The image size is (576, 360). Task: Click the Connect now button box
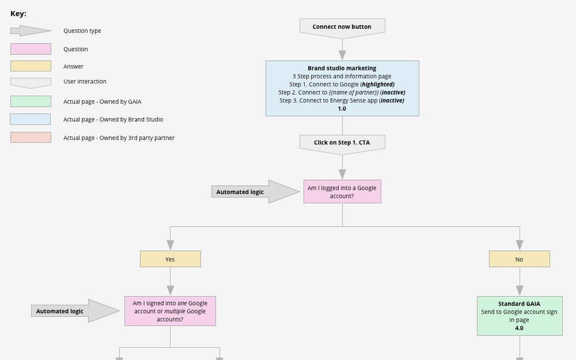tap(342, 27)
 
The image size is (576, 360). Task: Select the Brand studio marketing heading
tap(342, 68)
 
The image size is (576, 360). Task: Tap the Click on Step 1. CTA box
tap(342, 143)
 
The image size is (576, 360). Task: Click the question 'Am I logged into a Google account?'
tap(342, 192)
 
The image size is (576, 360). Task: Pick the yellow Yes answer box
tap(170, 259)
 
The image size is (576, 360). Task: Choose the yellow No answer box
tap(519, 259)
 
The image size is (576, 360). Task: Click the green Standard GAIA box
tap(519, 316)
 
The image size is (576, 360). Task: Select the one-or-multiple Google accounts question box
tap(170, 311)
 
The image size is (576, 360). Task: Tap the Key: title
tap(18, 14)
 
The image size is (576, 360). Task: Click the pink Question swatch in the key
tap(31, 49)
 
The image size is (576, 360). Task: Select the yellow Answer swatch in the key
tap(31, 66)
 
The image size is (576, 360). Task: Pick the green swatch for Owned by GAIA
tap(31, 101)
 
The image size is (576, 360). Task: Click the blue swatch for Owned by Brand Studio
tap(31, 119)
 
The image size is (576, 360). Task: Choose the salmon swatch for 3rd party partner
tap(31, 138)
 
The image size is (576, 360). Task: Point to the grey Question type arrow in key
tap(31, 31)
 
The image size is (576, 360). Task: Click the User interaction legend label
tap(85, 82)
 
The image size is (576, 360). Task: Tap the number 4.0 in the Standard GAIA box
tap(519, 328)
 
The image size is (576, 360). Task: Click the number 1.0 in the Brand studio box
tap(342, 109)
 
